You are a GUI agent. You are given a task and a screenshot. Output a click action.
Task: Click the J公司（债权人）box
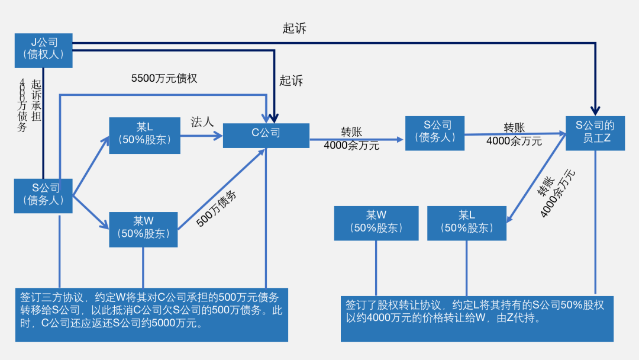click(43, 50)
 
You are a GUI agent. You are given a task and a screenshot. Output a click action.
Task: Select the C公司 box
click(266, 135)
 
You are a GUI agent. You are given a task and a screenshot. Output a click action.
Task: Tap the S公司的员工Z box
click(595, 133)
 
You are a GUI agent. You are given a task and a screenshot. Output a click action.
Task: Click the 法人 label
click(202, 122)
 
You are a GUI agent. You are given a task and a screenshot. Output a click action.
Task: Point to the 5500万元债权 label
click(164, 78)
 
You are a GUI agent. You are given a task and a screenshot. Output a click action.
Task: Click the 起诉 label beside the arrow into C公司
click(291, 81)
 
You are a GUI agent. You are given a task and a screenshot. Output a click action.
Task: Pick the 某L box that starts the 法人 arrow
click(144, 134)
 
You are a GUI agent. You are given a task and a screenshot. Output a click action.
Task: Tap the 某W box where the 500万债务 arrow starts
click(143, 229)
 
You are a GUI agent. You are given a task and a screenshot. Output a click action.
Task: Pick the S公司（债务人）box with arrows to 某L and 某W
click(43, 195)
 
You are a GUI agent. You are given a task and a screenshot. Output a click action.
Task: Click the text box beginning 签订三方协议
click(151, 314)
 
